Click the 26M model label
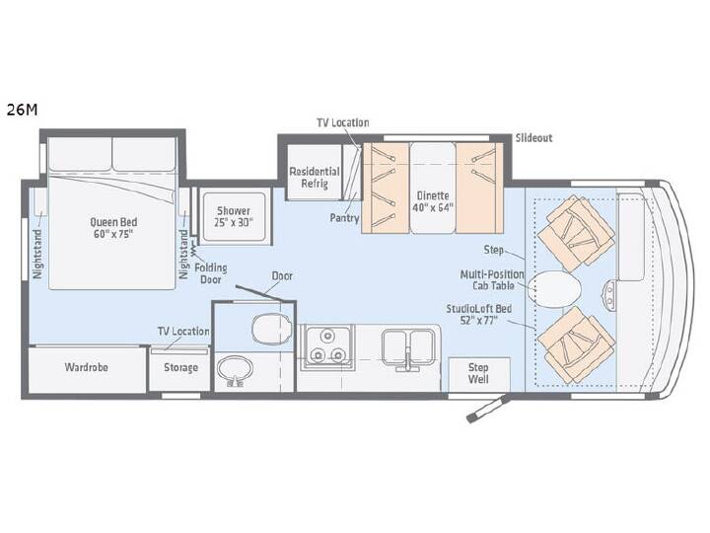pyautogui.click(x=22, y=111)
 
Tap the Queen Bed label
pyautogui.click(x=113, y=228)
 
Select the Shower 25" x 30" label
pyautogui.click(x=233, y=216)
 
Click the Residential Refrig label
pyautogui.click(x=315, y=178)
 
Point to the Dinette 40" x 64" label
pyautogui.click(x=433, y=201)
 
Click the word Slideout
pyautogui.click(x=533, y=138)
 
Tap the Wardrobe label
pyautogui.click(x=86, y=366)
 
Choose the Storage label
pyautogui.click(x=180, y=367)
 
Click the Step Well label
pyautogui.click(x=478, y=373)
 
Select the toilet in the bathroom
pyautogui.click(x=272, y=328)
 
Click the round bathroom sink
pyautogui.click(x=235, y=370)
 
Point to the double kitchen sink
pyautogui.click(x=408, y=348)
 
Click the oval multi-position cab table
pyautogui.click(x=554, y=288)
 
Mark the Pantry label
pyautogui.click(x=344, y=218)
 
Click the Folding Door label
pyautogui.click(x=211, y=273)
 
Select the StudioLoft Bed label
pyautogui.click(x=478, y=314)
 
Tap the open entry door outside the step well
pyautogui.click(x=489, y=409)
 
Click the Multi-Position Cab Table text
pyautogui.click(x=492, y=280)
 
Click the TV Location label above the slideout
pyautogui.click(x=343, y=122)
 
